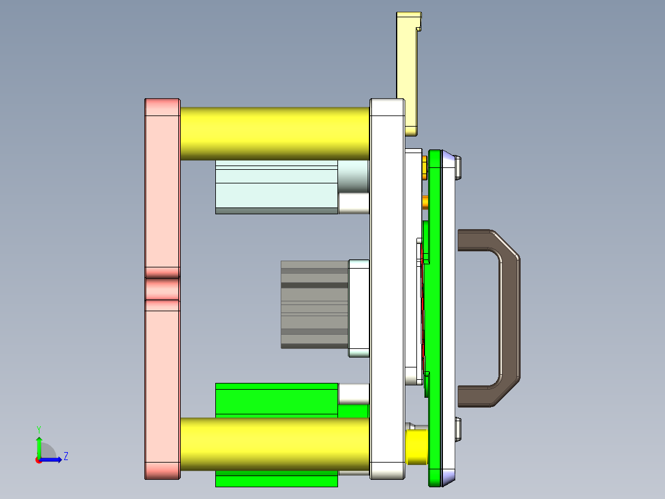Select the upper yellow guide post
coord(275,133)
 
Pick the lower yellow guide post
coord(275,443)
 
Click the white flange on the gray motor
coord(358,308)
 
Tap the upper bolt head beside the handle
coord(458,167)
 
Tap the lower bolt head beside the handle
coord(458,429)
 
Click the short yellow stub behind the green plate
coord(416,447)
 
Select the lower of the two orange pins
coord(425,201)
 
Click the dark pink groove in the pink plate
coord(162,288)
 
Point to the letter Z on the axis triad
coord(65,456)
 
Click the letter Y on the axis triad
coord(39,429)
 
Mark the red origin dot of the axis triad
coord(38,459)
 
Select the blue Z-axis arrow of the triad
coord(52,459)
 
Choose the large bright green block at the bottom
coord(276,399)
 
